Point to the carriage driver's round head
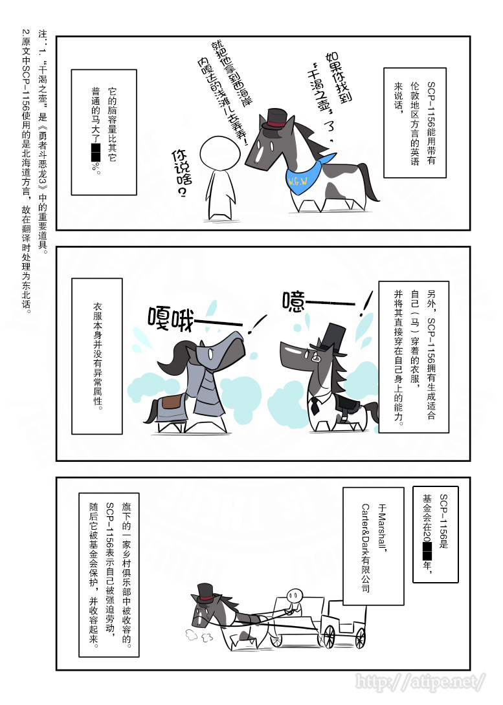coord(295,594)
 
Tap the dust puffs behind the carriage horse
coord(199,636)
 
